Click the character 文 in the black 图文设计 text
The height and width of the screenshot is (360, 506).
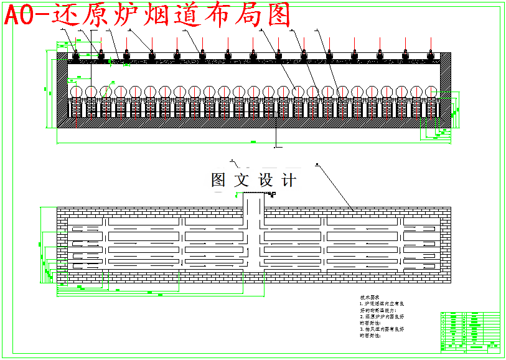[x=241, y=181]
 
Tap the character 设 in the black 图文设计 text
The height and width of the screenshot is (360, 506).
[x=266, y=181]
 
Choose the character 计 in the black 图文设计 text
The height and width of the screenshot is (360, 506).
[x=289, y=181]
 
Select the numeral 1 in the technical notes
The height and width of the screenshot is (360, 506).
[x=361, y=304]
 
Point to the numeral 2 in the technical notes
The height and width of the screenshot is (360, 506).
[x=361, y=316]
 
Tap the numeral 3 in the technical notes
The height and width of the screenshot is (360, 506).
[x=361, y=329]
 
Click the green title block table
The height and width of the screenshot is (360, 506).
[x=470, y=330]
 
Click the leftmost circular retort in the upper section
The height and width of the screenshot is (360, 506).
[x=76, y=92]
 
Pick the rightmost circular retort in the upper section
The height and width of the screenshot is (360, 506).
[x=430, y=92]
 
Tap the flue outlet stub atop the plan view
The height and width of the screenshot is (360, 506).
[x=253, y=202]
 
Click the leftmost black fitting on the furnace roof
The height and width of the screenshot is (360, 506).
[x=76, y=57]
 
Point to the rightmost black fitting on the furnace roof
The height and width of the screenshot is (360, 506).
[x=430, y=57]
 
